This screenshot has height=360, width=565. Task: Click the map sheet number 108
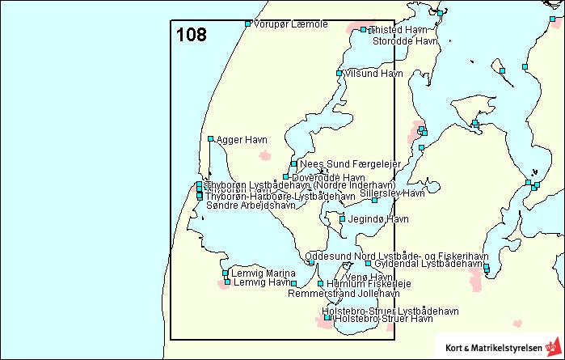pos(192,35)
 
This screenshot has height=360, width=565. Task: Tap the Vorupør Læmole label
pos(290,24)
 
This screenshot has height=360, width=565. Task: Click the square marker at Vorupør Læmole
pos(248,23)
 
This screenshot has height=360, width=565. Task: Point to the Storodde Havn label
pos(405,40)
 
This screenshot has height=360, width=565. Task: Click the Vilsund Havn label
pos(373,74)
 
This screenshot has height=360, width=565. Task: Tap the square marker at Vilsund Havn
pos(339,74)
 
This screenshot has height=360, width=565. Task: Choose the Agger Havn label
pos(242,140)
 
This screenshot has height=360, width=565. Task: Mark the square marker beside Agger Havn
pos(210,139)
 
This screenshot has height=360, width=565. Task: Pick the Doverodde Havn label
pos(328,177)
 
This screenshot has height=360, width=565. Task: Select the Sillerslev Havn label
pos(392,193)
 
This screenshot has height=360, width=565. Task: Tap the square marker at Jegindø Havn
pos(343,219)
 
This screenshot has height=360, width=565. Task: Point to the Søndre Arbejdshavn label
pos(251,205)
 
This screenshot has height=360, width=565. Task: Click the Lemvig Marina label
pos(264,273)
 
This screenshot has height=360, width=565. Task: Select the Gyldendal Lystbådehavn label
pos(429,264)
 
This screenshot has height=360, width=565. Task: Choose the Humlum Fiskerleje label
pos(369,284)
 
